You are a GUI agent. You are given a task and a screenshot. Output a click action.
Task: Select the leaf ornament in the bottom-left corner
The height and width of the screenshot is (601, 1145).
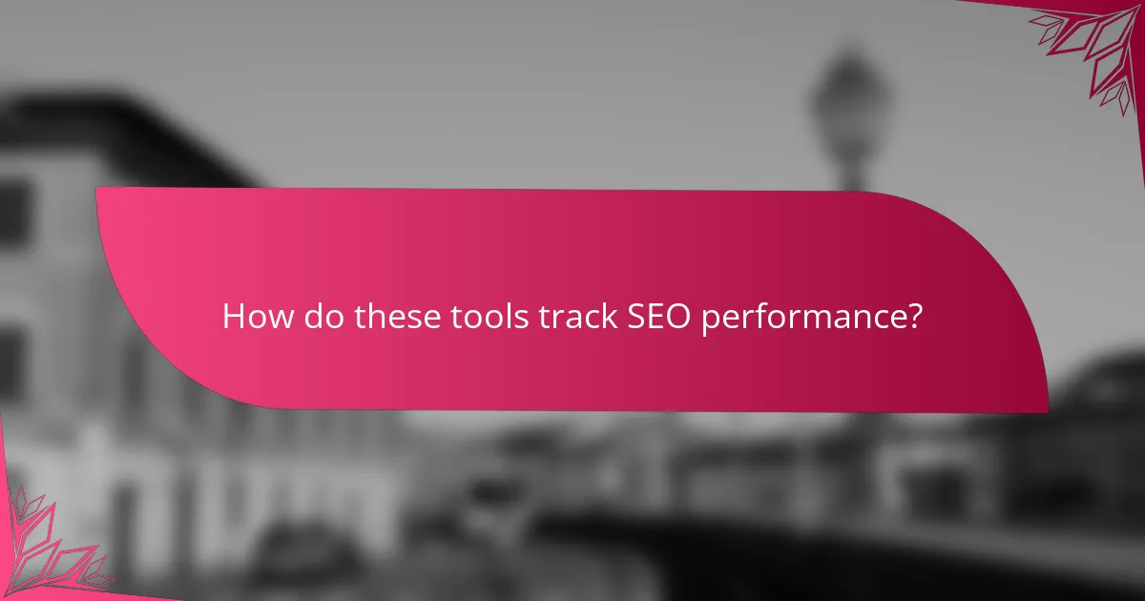coord(48,549)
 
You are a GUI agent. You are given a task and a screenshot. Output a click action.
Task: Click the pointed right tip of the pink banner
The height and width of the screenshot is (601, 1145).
coord(1046,410)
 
